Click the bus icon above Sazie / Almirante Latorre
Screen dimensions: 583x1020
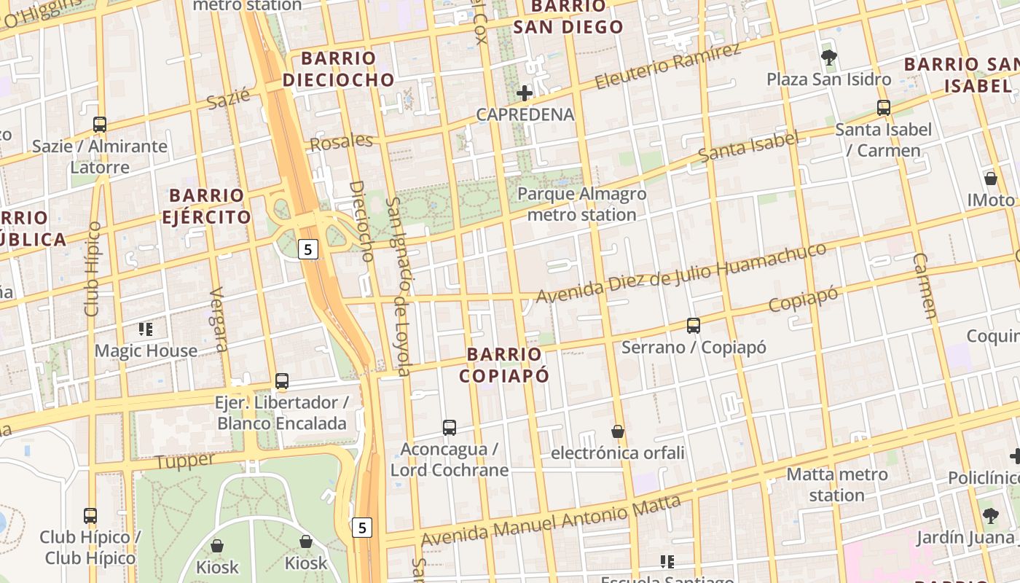tap(100, 125)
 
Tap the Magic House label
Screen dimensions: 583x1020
tap(146, 351)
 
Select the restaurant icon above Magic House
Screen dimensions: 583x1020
tap(146, 329)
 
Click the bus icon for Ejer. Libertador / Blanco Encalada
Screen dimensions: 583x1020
tap(282, 380)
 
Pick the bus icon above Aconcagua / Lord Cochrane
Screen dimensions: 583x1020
tap(450, 428)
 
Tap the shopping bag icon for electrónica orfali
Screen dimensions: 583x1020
tap(618, 431)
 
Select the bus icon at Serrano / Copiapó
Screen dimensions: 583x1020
tap(694, 326)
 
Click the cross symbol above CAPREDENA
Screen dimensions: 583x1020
tap(525, 93)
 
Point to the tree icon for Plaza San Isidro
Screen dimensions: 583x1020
tap(828, 58)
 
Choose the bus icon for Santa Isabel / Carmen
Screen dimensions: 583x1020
tap(884, 108)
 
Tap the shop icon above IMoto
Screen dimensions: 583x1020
tap(991, 178)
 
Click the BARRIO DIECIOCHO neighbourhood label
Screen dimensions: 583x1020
tap(338, 69)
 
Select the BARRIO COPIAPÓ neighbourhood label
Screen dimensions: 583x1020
tap(504, 364)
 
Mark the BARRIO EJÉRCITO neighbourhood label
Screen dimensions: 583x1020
tap(206, 206)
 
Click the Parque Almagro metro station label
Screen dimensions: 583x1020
tap(581, 204)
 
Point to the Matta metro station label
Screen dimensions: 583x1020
tap(837, 485)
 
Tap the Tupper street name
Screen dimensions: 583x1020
tap(185, 461)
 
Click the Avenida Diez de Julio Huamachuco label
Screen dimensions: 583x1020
tap(681, 273)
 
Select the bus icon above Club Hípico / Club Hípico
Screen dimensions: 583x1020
tap(90, 516)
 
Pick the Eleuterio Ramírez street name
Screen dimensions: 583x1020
tap(668, 66)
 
